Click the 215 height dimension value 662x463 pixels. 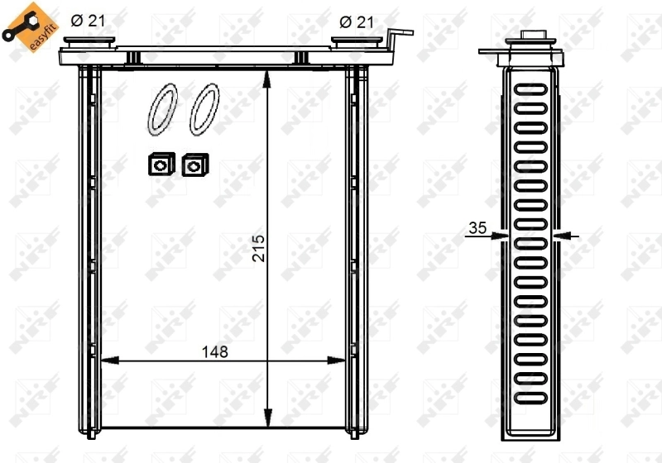[x=257, y=248]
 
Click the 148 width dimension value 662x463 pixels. [x=213, y=351]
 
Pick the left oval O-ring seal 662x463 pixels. [x=162, y=109]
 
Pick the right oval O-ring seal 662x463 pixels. [x=203, y=109]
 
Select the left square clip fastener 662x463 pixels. [x=157, y=165]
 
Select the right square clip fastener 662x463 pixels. [x=194, y=165]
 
